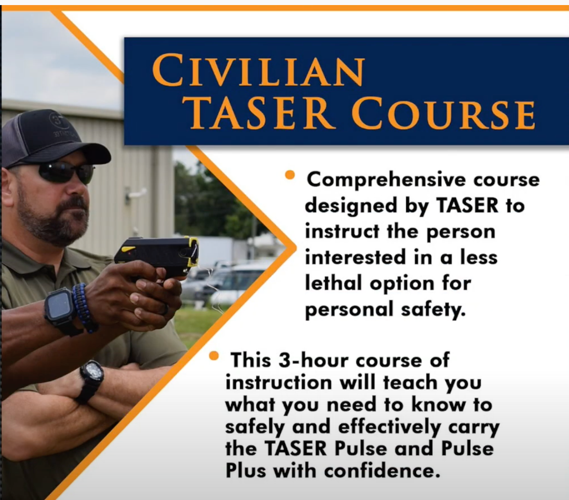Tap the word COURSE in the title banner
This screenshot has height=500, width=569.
point(443,113)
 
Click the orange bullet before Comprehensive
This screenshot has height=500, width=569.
point(290,175)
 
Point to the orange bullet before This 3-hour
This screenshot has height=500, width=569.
point(214,356)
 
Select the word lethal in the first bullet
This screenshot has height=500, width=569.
point(334,283)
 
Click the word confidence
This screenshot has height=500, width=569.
point(382,471)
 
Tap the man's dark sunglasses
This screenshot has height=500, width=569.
point(66,173)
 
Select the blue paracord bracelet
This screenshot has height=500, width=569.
point(85,308)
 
